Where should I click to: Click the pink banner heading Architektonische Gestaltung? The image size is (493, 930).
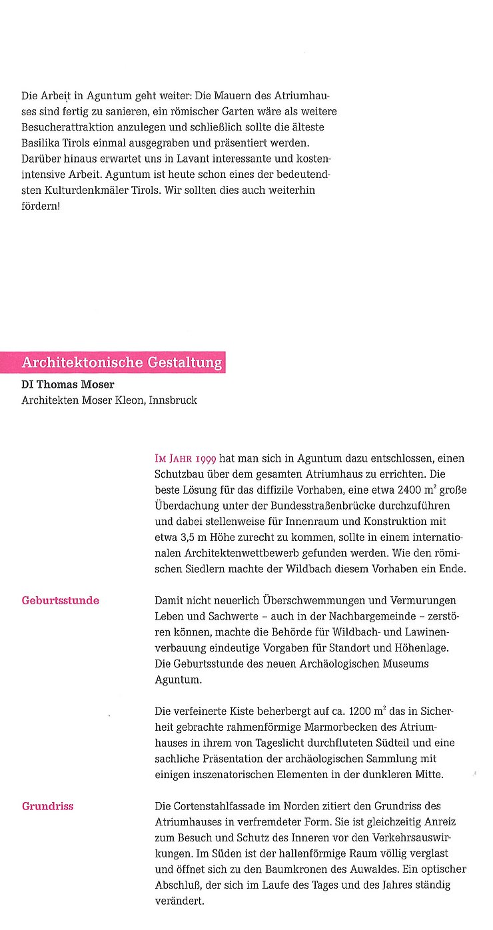(x=121, y=362)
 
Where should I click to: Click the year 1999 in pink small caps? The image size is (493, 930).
(x=203, y=459)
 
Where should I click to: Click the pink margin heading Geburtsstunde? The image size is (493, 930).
(x=61, y=600)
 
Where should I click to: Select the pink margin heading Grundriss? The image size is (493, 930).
(x=47, y=806)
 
